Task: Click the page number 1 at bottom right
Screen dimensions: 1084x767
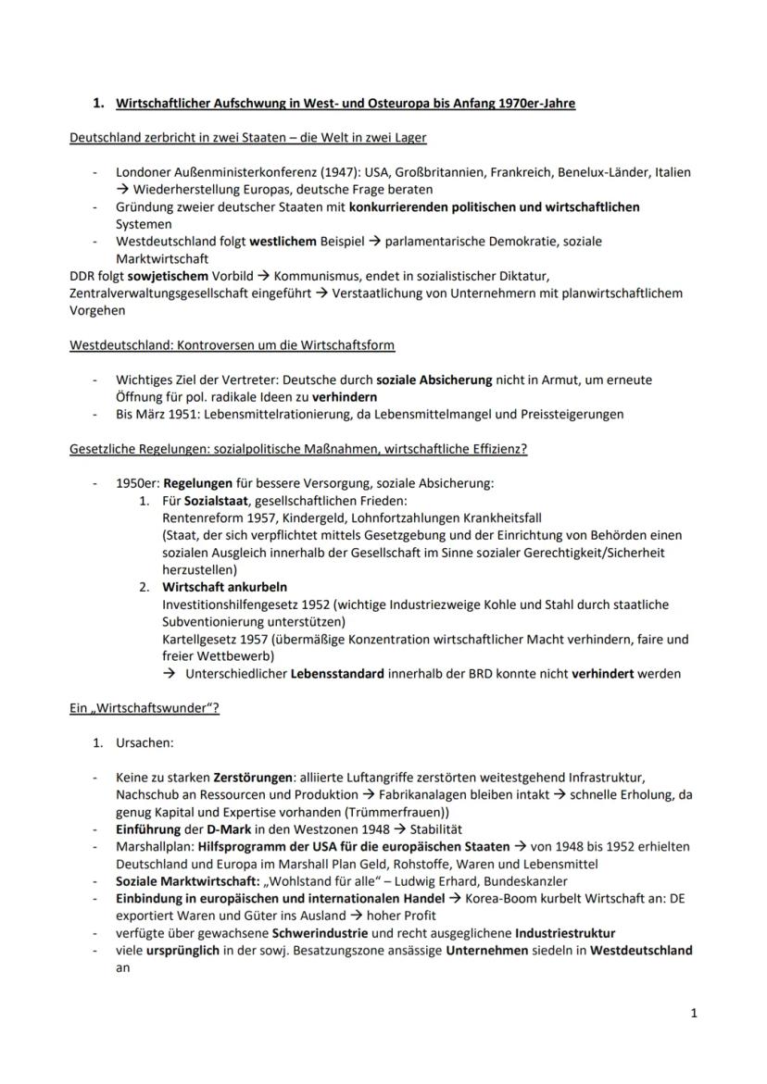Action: pyautogui.click(x=694, y=1013)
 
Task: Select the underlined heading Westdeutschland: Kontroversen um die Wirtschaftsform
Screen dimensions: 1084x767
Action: pyautogui.click(x=232, y=345)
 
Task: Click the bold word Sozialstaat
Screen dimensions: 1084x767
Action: pyautogui.click(x=218, y=501)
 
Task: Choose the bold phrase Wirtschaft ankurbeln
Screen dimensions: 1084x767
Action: pyautogui.click(x=225, y=587)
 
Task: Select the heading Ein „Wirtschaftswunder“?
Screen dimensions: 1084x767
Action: pyautogui.click(x=145, y=708)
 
